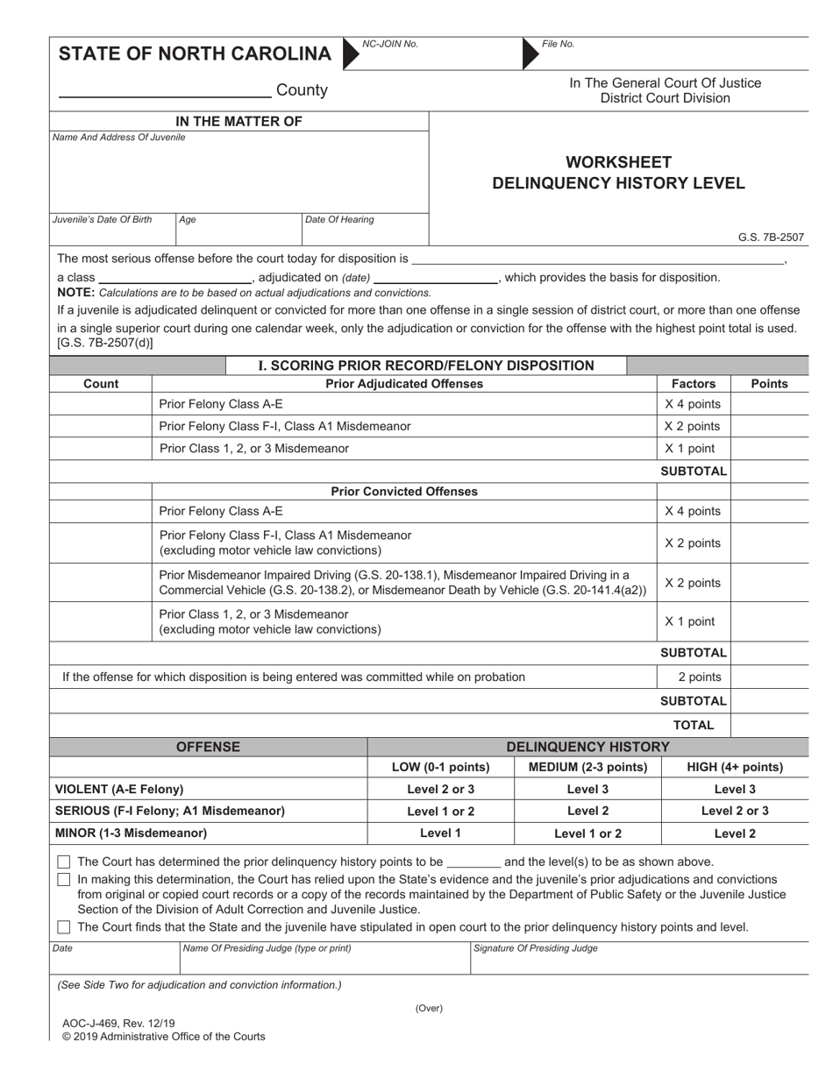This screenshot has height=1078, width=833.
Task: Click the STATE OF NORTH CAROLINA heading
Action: click(x=195, y=54)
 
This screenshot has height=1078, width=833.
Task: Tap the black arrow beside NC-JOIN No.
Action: click(x=350, y=53)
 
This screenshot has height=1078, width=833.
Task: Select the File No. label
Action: click(x=559, y=44)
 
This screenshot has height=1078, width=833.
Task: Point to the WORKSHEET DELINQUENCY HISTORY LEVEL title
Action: click(x=618, y=173)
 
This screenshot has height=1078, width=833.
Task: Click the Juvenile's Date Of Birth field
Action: click(x=112, y=229)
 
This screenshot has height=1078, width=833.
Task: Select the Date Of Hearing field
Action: click(x=364, y=229)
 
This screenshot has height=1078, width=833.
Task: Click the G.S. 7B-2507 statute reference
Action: click(x=771, y=237)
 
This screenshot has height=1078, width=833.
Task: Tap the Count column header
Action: click(x=101, y=384)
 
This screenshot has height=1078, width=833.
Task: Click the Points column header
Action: click(x=769, y=384)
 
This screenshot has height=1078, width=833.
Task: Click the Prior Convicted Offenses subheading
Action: click(x=404, y=492)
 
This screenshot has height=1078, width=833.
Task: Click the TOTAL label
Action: click(x=693, y=725)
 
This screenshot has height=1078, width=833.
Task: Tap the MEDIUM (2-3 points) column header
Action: click(x=587, y=768)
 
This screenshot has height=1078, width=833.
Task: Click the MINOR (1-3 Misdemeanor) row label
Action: click(x=132, y=833)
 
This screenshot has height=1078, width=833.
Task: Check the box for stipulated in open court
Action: click(x=64, y=927)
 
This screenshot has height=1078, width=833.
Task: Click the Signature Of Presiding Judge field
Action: click(x=639, y=961)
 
